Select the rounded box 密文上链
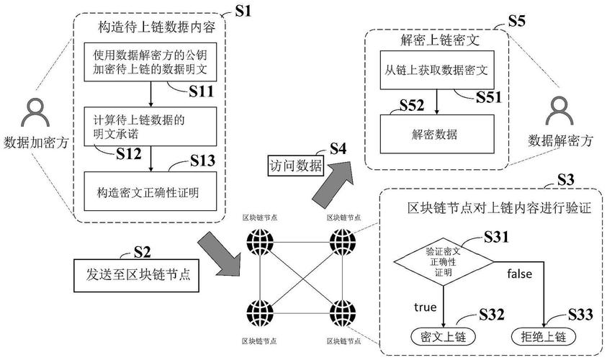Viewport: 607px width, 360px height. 443,336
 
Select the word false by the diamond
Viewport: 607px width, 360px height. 519,274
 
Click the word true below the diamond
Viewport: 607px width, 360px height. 426,307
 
